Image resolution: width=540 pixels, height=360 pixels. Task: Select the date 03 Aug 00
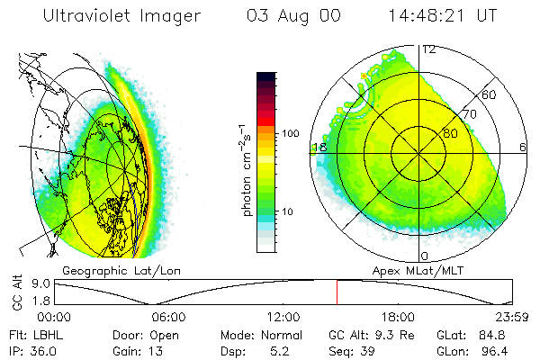tap(292, 16)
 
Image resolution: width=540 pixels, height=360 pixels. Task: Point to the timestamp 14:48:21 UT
tap(445, 16)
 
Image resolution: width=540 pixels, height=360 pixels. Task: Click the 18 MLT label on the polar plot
tap(318, 148)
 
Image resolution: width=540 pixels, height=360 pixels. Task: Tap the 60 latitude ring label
tap(489, 94)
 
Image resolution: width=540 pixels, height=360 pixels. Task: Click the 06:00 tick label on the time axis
tap(169, 316)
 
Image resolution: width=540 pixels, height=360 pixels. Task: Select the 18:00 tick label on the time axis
tap(397, 316)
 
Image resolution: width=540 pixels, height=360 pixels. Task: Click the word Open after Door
tap(166, 334)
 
